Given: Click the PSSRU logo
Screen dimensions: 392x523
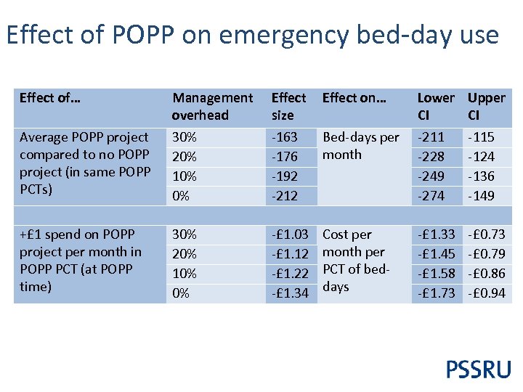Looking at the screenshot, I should click(x=478, y=369).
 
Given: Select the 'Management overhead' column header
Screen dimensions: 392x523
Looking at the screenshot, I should click(x=212, y=106).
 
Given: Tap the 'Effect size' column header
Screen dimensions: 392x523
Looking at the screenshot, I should click(x=288, y=106).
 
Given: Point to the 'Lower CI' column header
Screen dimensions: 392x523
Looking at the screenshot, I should click(x=435, y=106).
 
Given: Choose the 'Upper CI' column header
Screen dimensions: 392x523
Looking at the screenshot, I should click(x=486, y=106).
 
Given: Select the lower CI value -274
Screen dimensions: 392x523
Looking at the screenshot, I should click(x=434, y=195).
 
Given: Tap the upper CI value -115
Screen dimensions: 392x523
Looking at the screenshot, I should click(x=480, y=137).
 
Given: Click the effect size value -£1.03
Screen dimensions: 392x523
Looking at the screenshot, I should click(x=291, y=234).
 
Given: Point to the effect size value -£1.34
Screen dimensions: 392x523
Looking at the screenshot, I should click(x=291, y=293).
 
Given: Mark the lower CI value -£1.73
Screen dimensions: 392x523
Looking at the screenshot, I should click(x=436, y=293).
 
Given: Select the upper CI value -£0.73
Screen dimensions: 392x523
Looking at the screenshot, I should click(x=487, y=234).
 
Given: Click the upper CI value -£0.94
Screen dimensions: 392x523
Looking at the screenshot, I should click(x=487, y=293).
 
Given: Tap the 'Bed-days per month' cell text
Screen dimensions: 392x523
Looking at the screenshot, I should click(x=360, y=146).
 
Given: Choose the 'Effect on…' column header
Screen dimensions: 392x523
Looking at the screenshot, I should click(x=354, y=97).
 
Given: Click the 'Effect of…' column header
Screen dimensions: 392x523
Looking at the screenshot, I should click(x=49, y=97).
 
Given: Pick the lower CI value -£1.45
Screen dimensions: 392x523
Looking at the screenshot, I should click(x=436, y=254).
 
